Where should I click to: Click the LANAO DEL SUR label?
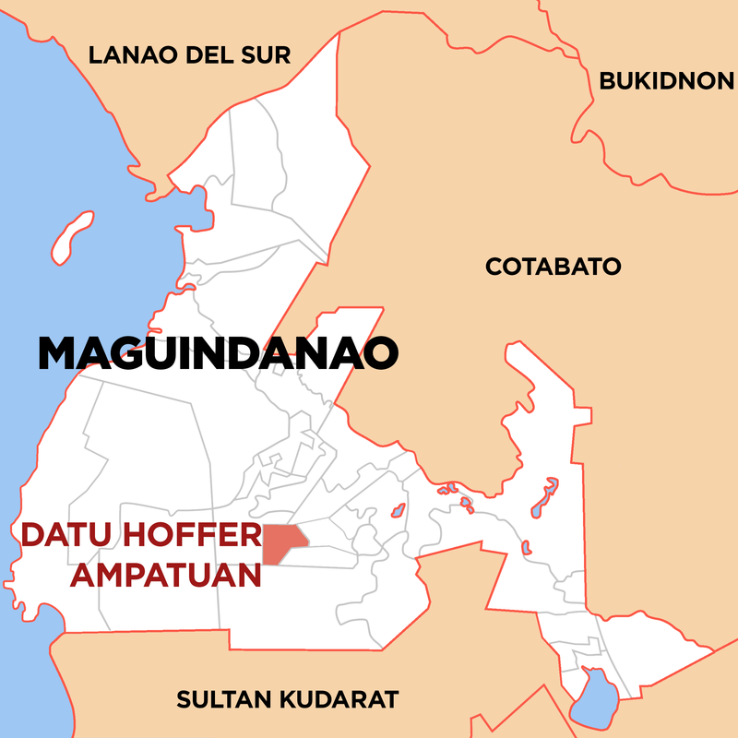coord(189,55)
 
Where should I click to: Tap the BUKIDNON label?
coord(666,81)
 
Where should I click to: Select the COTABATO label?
coord(553,268)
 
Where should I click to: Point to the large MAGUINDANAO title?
coord(219,354)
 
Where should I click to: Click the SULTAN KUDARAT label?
coord(288,699)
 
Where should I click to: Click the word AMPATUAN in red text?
coord(167,574)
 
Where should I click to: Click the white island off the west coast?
coord(72,237)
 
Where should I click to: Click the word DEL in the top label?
coord(211,55)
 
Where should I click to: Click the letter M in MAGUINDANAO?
coord(56,354)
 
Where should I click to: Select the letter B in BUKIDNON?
coord(607,81)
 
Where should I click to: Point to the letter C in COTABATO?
coord(494,268)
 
